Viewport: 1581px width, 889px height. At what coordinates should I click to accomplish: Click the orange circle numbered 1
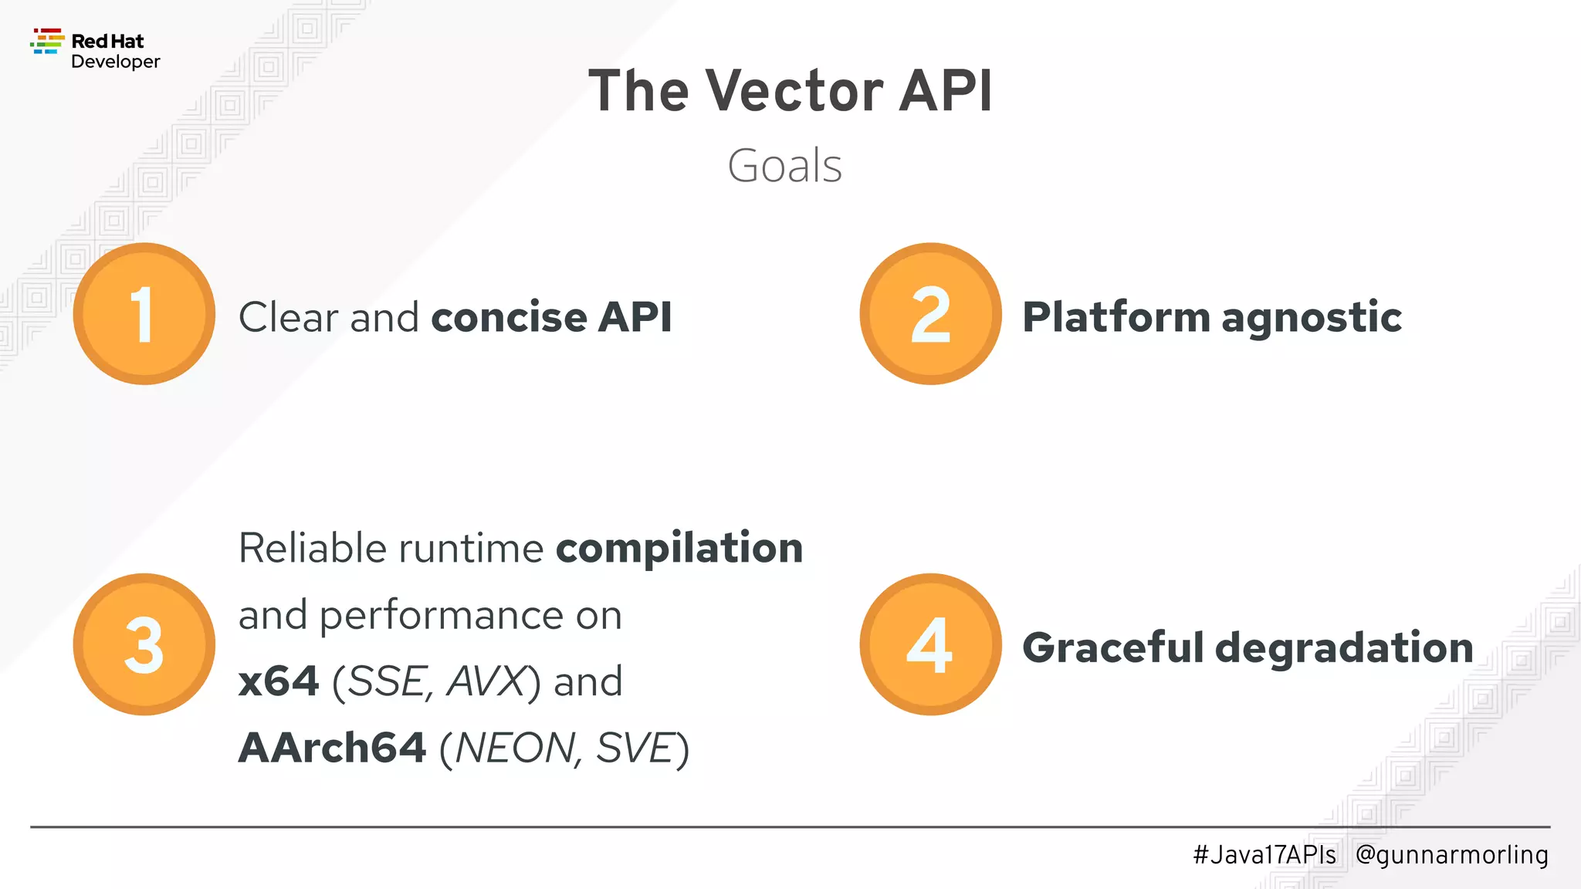(144, 313)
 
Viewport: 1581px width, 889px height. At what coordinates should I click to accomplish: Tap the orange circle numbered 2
(930, 313)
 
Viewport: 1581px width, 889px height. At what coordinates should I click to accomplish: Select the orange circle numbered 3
(144, 644)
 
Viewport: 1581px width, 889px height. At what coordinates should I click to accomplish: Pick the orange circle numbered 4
(930, 644)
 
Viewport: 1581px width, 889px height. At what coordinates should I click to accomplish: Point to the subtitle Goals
(784, 166)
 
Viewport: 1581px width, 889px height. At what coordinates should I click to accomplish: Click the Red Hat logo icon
(47, 42)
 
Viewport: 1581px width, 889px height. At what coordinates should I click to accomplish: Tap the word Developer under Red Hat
(115, 62)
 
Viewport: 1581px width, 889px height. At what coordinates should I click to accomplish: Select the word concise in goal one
(509, 317)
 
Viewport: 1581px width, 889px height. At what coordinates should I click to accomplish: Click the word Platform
(1116, 317)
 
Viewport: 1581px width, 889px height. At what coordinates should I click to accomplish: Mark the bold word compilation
(679, 549)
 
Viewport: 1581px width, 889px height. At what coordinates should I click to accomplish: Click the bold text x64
(279, 681)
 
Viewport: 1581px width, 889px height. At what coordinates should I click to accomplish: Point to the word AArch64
(332, 748)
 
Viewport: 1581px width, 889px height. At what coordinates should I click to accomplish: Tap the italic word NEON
(513, 749)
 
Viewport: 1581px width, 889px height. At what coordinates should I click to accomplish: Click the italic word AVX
(486, 681)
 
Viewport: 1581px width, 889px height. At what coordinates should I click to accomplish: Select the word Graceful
(1112, 647)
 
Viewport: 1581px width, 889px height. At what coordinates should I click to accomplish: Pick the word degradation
(1344, 647)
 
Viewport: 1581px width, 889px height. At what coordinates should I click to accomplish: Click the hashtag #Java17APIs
(1264, 855)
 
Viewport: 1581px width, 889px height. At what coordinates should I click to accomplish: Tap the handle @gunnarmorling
(1451, 855)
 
